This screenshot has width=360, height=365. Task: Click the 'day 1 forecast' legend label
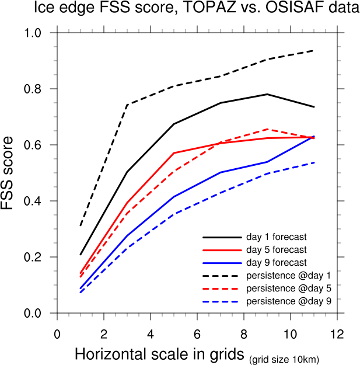coord(276,237)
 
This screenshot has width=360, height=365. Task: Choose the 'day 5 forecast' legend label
coord(276,250)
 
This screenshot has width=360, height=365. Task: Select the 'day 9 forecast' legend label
coord(276,263)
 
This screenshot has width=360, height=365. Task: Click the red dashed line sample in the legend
coord(222,288)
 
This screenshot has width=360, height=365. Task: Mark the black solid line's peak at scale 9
coord(267,94)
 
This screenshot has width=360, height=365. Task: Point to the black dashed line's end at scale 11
coord(313,51)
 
